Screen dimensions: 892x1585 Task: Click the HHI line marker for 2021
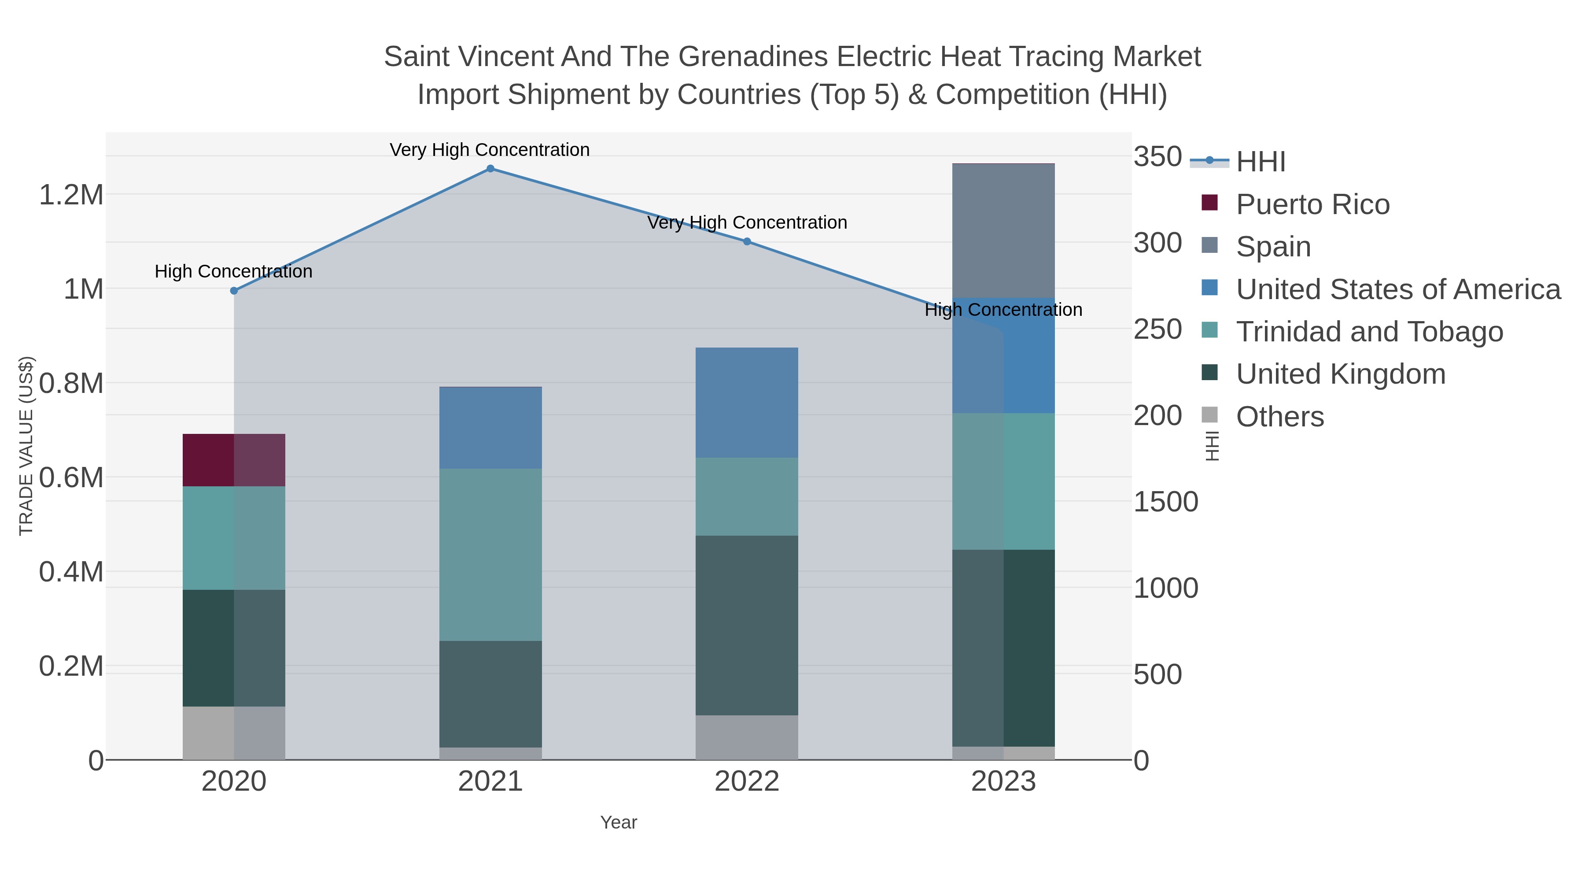[x=490, y=169]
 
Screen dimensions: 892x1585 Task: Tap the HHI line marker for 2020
[x=234, y=291]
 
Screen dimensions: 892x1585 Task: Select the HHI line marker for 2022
[x=747, y=241]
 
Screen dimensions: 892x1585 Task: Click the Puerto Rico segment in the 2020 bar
[x=234, y=460]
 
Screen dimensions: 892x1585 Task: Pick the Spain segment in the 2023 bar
[x=1003, y=231]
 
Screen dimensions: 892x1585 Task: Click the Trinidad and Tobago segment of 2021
[x=490, y=555]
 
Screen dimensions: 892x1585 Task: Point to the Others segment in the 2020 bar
[x=234, y=733]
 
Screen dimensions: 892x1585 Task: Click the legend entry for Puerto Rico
[x=1312, y=204]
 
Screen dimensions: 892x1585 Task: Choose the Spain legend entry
[x=1272, y=247]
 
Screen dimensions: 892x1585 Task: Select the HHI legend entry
[x=1260, y=162]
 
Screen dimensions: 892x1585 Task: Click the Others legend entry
[x=1279, y=417]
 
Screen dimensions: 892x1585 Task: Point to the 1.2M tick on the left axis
[x=71, y=195]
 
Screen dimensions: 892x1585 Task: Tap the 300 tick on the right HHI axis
[x=1157, y=243]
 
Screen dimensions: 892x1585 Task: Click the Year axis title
[x=619, y=822]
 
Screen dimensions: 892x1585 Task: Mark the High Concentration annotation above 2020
[x=234, y=271]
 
